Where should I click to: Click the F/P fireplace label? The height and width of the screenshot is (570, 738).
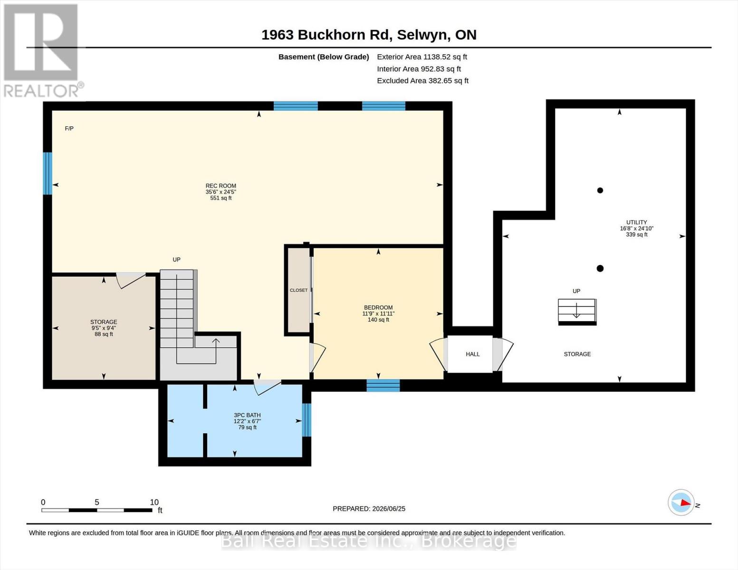(69, 128)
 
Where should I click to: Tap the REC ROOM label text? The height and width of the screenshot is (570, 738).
(221, 186)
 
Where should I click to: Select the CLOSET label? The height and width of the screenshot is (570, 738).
(298, 290)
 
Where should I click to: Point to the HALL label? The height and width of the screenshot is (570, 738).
(473, 354)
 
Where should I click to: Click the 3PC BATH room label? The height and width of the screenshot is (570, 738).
(247, 415)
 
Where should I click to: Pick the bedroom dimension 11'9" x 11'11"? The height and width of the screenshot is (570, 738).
(378, 313)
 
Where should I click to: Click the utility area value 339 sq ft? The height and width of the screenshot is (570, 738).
(637, 235)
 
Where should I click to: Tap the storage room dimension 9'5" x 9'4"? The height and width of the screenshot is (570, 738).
(104, 328)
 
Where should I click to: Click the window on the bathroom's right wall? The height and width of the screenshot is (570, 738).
(307, 419)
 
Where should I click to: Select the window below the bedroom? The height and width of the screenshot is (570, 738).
(383, 385)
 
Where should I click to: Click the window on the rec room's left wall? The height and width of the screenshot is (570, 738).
(48, 173)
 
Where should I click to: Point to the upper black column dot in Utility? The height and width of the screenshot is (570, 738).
(600, 190)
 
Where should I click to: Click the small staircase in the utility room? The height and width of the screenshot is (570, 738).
(577, 312)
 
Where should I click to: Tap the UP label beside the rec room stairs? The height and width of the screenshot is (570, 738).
(177, 259)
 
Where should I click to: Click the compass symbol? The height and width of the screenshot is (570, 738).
(681, 503)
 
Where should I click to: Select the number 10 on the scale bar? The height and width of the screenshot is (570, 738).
(154, 502)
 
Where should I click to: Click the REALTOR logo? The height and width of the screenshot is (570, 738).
(42, 51)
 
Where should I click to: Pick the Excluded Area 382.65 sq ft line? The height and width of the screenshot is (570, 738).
(423, 80)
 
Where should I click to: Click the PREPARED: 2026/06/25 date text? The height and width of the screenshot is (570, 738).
(369, 509)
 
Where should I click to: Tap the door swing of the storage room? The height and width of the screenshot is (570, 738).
(131, 280)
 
